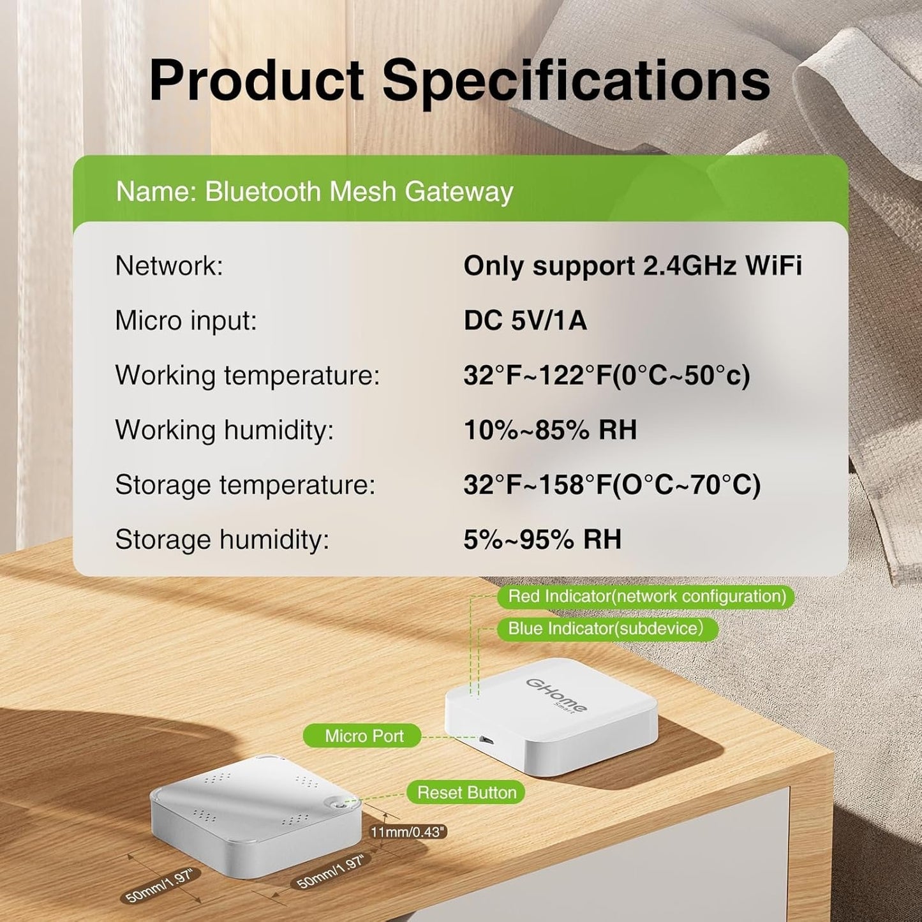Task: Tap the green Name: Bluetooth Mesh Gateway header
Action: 314,191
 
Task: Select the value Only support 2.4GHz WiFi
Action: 632,265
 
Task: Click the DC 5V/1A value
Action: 524,320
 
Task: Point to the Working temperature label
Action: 248,375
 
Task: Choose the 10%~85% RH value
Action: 550,430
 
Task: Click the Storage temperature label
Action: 245,485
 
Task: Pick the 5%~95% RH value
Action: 542,540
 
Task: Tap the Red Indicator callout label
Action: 646,597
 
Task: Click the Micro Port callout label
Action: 364,736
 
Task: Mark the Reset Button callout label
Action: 466,792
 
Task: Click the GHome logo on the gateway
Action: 556,695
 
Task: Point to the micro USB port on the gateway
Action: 486,740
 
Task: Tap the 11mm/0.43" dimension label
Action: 408,832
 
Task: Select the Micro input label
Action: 186,320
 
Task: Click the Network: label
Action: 169,265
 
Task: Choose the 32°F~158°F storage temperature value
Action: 611,485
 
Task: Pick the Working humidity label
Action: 224,430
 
